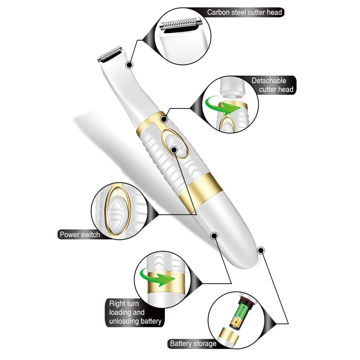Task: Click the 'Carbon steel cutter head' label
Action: (244, 12)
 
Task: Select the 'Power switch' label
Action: (80, 235)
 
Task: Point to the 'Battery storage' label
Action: (193, 343)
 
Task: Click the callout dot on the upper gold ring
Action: (165, 119)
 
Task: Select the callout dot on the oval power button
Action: (175, 149)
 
